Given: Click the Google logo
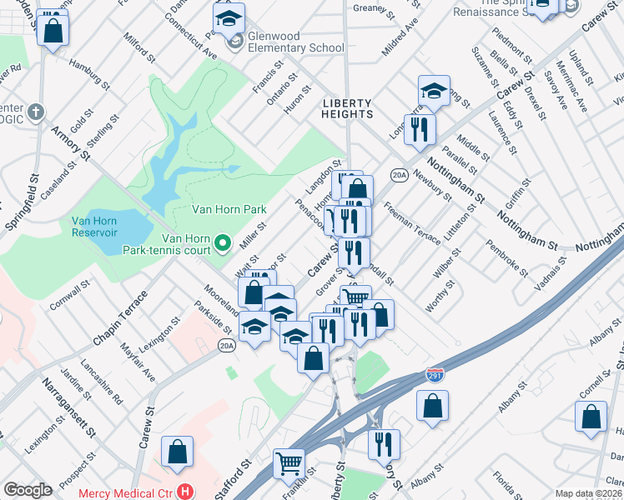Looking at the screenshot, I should point(28,490).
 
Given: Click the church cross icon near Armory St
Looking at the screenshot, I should point(35,111).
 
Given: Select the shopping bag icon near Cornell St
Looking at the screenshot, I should point(591,417).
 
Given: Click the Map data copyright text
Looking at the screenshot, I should point(589,493).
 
